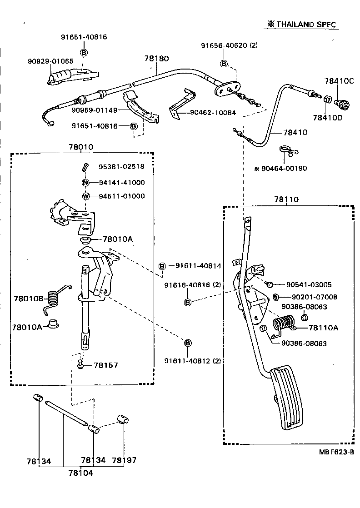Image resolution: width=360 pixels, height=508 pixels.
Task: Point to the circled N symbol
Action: pyautogui.click(x=85, y=183)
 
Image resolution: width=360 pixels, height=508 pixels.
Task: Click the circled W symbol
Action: pyautogui.click(x=85, y=196)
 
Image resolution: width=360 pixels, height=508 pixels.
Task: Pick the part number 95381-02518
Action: pyautogui.click(x=122, y=167)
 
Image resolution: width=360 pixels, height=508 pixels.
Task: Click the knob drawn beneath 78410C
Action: pyautogui.click(x=341, y=104)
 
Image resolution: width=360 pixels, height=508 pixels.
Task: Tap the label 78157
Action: pyautogui.click(x=106, y=365)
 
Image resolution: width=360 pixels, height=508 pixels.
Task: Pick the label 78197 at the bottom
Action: pyautogui.click(x=124, y=460)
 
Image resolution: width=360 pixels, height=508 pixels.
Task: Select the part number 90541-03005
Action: pyautogui.click(x=309, y=285)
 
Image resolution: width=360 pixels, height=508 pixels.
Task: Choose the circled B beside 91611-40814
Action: pyautogui.click(x=162, y=266)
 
